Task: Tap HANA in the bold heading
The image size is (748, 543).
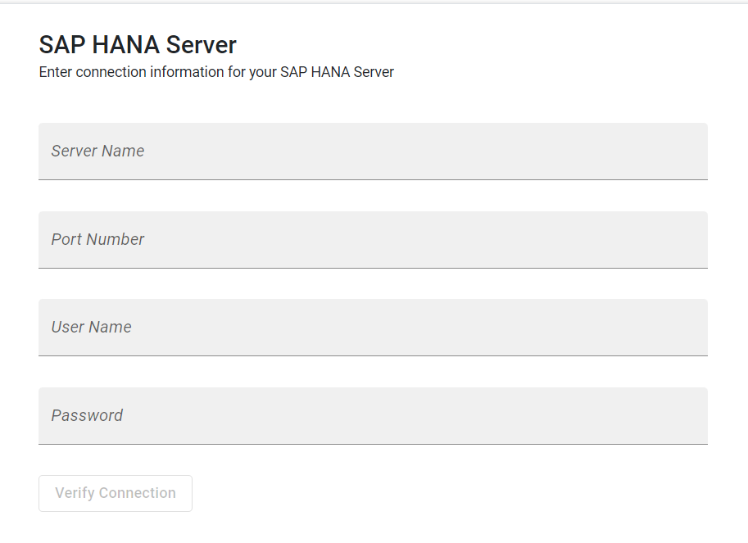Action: [x=126, y=45]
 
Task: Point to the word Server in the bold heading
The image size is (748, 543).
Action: [x=202, y=45]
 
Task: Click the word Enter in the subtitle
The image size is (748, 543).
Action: [x=56, y=72]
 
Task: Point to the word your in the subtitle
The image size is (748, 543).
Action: [x=262, y=73]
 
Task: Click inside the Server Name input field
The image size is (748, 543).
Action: [x=373, y=152]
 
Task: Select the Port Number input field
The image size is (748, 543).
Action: [x=373, y=239]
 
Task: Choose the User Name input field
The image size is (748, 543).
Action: [x=373, y=327]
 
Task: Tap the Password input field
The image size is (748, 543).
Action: [x=373, y=416]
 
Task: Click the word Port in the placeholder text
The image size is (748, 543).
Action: [x=66, y=239]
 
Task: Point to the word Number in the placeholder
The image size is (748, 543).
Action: [x=115, y=239]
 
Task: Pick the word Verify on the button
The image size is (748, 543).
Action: [x=75, y=493]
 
